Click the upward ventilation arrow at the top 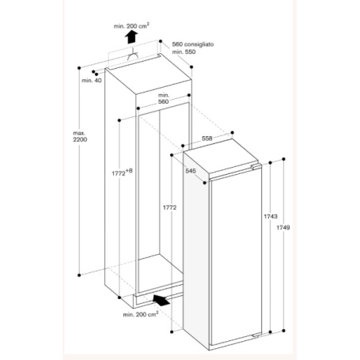pos(131,36)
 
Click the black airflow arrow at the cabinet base pos(161,300)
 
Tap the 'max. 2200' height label pos(80,136)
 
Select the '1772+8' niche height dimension pos(122,172)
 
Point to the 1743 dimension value pos(271,217)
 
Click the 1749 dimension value pos(283,228)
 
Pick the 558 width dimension pos(207,138)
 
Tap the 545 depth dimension pos(191,171)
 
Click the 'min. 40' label pos(92,81)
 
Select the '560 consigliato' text pos(193,44)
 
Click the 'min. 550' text pos(184,51)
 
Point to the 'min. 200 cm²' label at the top pos(131,26)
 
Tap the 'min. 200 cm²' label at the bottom pos(141,314)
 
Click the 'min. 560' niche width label pos(164,98)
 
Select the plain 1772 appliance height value pos(169,208)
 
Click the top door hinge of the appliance pos(256,166)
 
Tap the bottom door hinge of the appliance pos(256,335)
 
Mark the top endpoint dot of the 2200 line pos(79,68)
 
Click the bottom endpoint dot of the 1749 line pos(284,331)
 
